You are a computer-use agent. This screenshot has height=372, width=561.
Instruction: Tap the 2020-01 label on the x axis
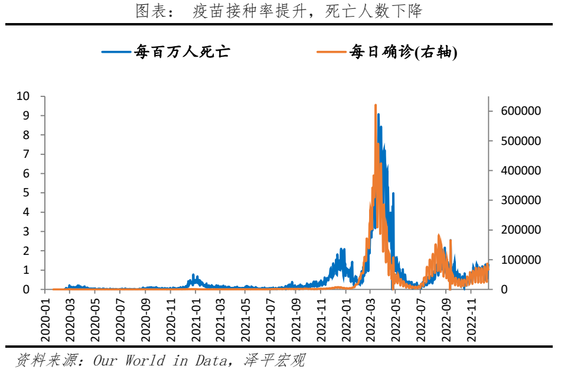coord(45,320)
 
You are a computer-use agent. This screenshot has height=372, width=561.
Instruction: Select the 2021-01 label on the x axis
coord(195,320)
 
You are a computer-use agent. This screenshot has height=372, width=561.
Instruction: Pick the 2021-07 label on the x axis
coord(270,320)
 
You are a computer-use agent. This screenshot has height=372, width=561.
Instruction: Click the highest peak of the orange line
coord(376,105)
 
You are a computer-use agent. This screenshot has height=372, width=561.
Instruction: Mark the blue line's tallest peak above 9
coord(379,114)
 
